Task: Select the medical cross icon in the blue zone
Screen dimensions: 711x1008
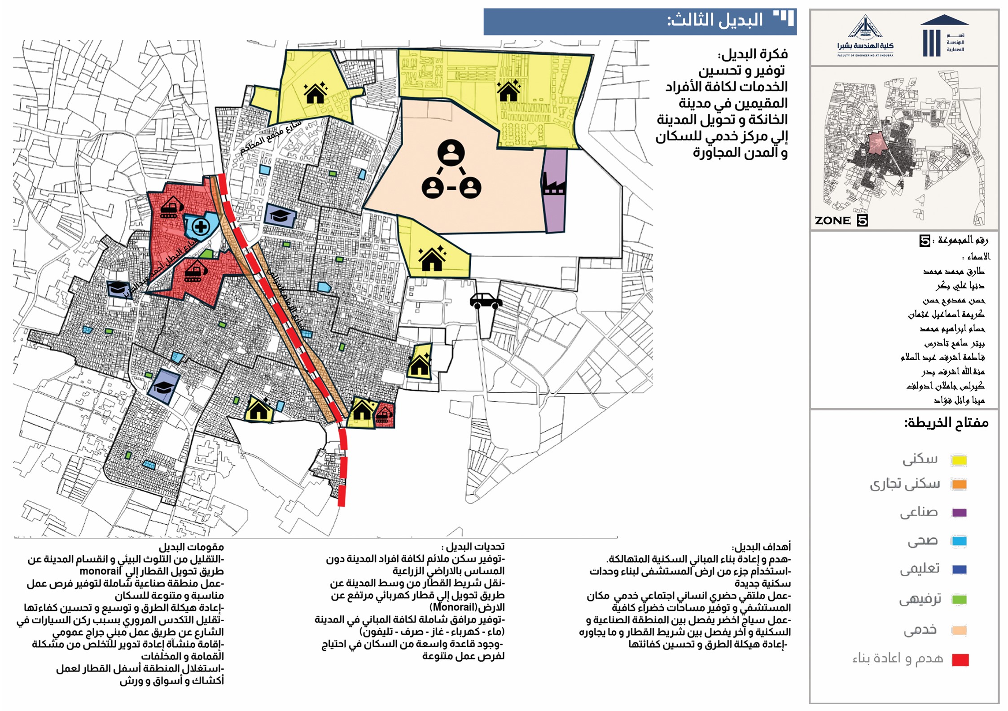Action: tap(201, 227)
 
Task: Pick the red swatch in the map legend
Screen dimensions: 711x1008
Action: tap(960, 660)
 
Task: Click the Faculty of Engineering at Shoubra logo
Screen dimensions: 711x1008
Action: tap(865, 36)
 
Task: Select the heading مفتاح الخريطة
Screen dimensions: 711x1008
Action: tap(946, 423)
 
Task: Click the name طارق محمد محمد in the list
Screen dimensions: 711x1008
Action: tap(954, 272)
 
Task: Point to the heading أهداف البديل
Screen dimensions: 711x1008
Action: tap(761, 547)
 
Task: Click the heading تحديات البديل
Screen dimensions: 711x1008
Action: tap(473, 547)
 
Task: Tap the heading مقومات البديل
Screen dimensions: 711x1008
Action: tap(191, 547)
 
